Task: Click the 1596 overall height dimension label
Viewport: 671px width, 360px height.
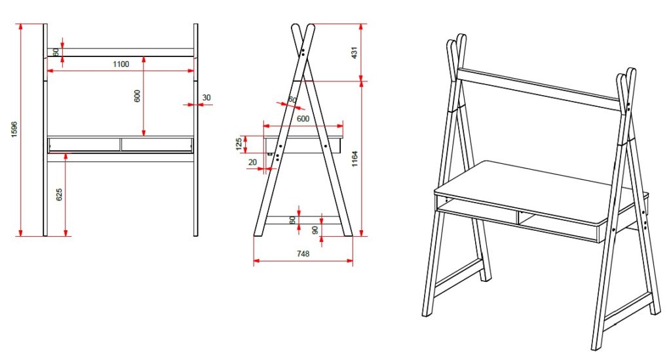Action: [14, 129]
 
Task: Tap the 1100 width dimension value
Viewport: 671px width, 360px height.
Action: [121, 64]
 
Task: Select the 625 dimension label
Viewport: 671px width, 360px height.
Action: [59, 194]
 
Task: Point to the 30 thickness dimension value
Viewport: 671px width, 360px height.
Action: [206, 98]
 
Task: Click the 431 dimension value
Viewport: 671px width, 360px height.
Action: [354, 52]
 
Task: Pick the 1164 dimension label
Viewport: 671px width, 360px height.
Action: [355, 159]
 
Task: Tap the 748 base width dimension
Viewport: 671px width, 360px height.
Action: [303, 254]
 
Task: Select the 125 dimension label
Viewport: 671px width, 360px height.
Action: [239, 144]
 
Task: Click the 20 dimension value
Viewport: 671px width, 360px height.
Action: [252, 162]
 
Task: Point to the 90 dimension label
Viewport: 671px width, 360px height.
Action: [315, 230]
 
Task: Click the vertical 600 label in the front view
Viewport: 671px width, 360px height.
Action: [137, 96]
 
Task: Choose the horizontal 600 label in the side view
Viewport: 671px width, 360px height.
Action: [303, 119]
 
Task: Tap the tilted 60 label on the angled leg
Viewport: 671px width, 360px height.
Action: [292, 100]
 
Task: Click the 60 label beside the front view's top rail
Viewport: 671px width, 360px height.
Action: [56, 52]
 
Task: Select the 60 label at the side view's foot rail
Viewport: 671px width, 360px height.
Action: [293, 220]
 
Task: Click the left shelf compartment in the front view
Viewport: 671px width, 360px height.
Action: [85, 144]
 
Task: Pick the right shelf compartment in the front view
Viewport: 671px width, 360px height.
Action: [157, 144]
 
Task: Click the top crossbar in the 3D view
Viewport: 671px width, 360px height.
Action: [539, 90]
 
